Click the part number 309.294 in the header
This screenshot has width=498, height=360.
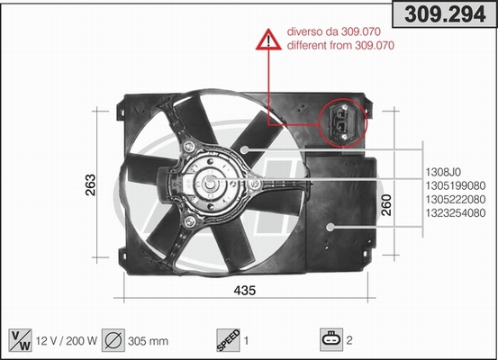[445, 14]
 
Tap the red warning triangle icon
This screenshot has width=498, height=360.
[268, 40]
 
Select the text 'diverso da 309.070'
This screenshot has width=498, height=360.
[334, 31]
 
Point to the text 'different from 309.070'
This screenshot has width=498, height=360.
[340, 45]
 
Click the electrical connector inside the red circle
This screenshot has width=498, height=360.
[341, 122]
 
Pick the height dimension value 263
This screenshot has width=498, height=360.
[91, 184]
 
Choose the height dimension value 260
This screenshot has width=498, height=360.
[386, 205]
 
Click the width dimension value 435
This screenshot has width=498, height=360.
[245, 290]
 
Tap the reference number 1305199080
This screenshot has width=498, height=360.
[456, 185]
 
